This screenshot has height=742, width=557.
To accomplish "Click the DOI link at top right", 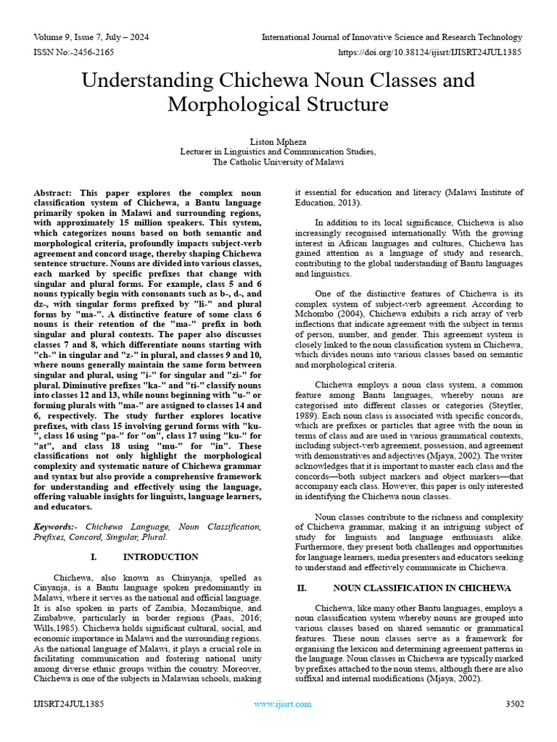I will click(430, 53).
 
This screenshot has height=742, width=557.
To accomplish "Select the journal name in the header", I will click(392, 37).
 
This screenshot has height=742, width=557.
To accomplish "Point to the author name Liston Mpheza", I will click(278, 141).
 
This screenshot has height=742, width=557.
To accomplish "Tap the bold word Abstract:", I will click(54, 193).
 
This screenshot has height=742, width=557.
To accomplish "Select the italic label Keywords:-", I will click(54, 527).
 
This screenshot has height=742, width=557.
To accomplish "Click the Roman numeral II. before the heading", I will click(302, 588).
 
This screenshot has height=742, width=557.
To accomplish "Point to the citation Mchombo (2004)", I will click(322, 316).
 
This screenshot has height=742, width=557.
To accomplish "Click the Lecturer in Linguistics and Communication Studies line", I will click(278, 151).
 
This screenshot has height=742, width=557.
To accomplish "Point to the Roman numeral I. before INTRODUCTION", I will click(94, 556).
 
